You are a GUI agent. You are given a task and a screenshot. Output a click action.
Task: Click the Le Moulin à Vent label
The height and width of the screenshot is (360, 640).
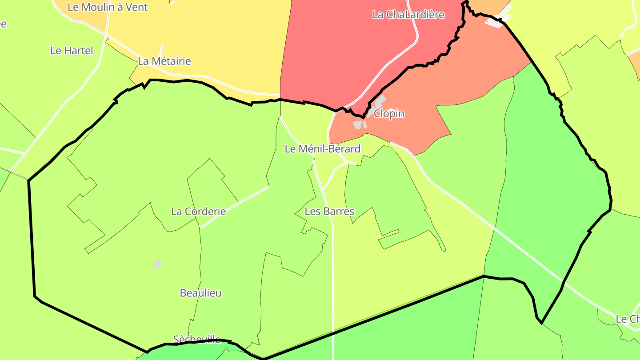point(108,7)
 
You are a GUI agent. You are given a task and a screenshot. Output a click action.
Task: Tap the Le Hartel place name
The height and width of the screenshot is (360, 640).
point(72,51)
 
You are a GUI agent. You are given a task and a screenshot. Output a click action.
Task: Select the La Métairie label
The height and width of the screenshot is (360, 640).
point(164,61)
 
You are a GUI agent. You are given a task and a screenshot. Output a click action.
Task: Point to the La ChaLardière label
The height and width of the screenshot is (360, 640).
point(408,15)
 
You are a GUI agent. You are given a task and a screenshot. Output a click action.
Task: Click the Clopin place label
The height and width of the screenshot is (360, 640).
point(389,114)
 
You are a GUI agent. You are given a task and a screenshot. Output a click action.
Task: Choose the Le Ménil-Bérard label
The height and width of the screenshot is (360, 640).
point(322,149)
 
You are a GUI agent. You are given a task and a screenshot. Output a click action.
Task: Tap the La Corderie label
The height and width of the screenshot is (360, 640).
point(198,212)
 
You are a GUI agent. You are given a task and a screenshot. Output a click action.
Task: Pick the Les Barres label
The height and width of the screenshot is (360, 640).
point(329,212)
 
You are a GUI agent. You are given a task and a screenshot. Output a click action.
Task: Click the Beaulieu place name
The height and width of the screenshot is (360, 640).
point(200,293)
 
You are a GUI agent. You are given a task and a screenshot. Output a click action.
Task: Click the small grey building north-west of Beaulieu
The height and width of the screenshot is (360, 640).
point(157,265)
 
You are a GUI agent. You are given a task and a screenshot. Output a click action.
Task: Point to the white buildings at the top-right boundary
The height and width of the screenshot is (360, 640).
point(499,20)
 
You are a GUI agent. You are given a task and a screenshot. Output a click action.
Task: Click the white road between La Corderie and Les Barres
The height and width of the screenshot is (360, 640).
point(236,207)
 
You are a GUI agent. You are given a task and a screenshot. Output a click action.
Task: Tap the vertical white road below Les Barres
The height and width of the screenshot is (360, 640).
point(333,284)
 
